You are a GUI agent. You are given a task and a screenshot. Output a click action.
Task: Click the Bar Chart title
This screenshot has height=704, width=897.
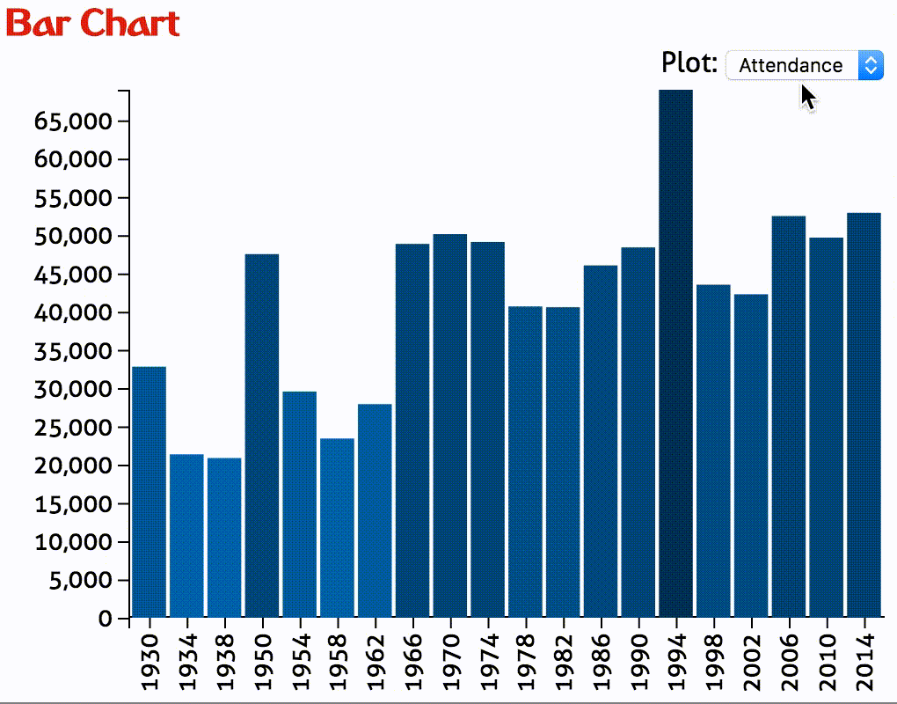pyautogui.click(x=93, y=24)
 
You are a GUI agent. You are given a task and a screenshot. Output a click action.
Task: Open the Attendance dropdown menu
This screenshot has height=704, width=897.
pyautogui.click(x=804, y=65)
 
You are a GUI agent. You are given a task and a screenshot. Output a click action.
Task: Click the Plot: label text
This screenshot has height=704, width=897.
pyautogui.click(x=689, y=63)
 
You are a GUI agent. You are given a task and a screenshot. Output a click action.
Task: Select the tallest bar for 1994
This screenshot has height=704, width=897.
pyautogui.click(x=676, y=352)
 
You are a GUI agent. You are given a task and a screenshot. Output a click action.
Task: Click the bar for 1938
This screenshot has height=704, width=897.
pyautogui.click(x=224, y=537)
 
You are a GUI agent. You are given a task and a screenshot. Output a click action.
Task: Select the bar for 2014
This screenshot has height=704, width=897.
pyautogui.click(x=864, y=414)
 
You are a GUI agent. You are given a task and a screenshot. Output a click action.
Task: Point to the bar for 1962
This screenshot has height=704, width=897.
pyautogui.click(x=375, y=510)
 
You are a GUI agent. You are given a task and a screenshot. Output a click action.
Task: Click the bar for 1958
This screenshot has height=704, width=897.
pyautogui.click(x=337, y=527)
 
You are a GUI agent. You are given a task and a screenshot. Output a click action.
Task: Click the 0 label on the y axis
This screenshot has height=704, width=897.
pyautogui.click(x=106, y=619)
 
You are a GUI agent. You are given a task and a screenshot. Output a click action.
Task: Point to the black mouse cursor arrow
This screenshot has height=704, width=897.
pyautogui.click(x=808, y=97)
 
